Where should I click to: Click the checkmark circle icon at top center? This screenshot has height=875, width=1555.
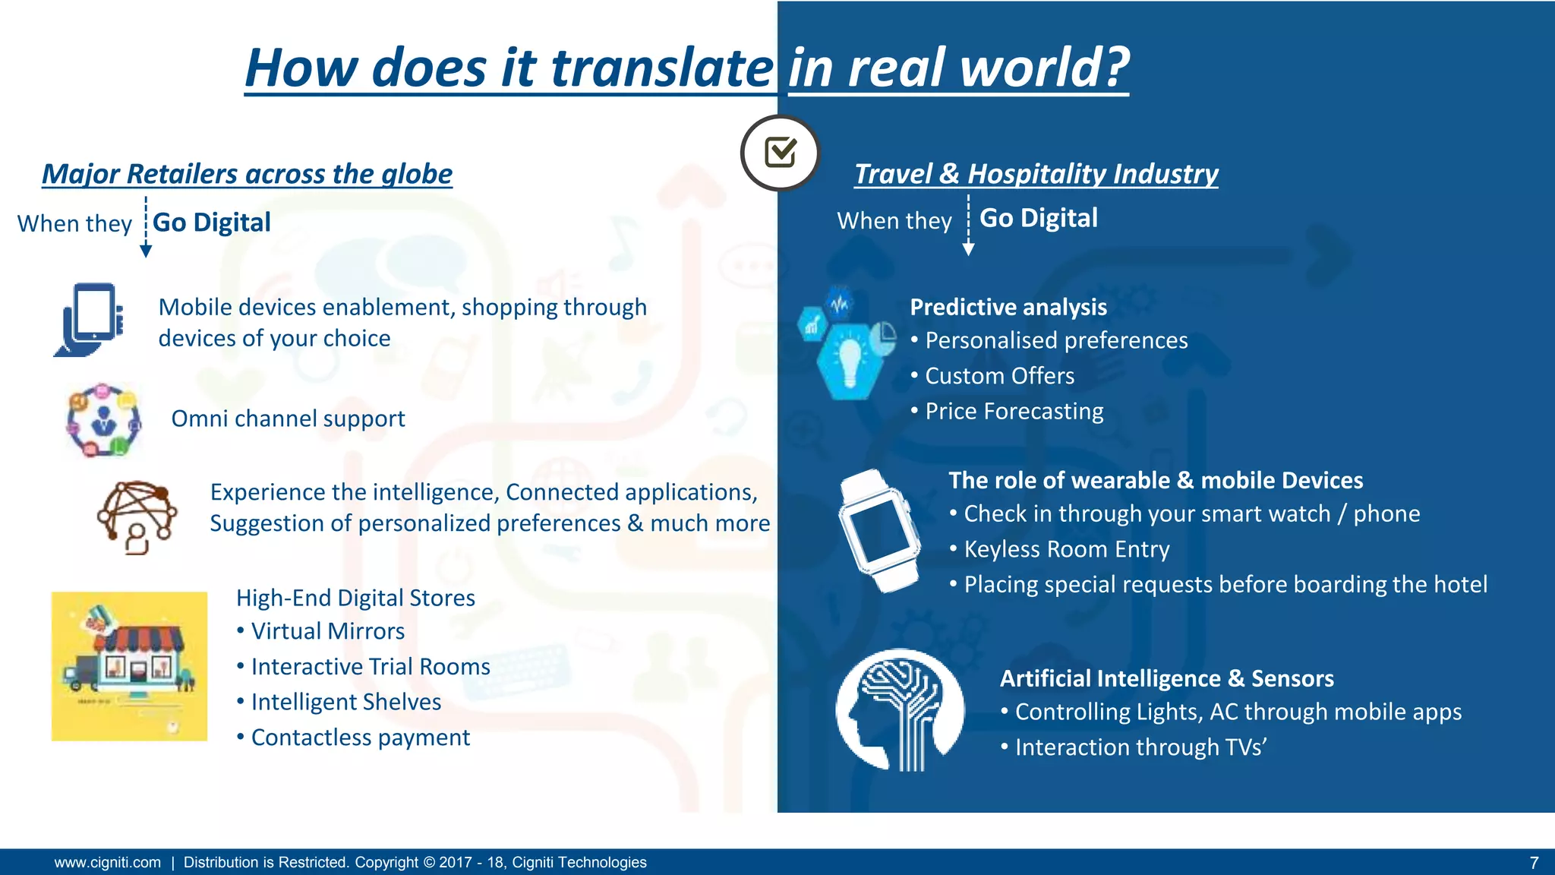(780, 153)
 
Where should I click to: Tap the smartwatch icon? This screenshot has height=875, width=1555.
(878, 529)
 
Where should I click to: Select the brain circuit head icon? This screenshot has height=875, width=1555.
(900, 709)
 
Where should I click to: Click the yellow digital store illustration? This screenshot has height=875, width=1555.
(129, 666)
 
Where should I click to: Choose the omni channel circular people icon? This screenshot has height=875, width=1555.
(103, 420)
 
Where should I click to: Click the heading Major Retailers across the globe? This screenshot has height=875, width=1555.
(247, 174)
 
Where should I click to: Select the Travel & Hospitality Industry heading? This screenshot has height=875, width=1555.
(1036, 174)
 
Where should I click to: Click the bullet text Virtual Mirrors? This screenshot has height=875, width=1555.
(327, 631)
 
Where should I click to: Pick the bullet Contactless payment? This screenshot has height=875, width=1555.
(360, 738)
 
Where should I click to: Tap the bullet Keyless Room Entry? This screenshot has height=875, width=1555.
(1066, 549)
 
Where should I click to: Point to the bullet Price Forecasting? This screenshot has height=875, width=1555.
(1014, 411)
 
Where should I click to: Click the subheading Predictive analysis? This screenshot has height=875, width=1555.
(1008, 307)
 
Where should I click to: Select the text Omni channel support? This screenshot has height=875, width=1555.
(288, 419)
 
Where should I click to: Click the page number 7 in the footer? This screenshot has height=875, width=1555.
(1534, 863)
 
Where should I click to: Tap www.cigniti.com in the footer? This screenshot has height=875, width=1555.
(108, 863)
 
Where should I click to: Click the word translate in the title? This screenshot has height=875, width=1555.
(661, 68)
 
